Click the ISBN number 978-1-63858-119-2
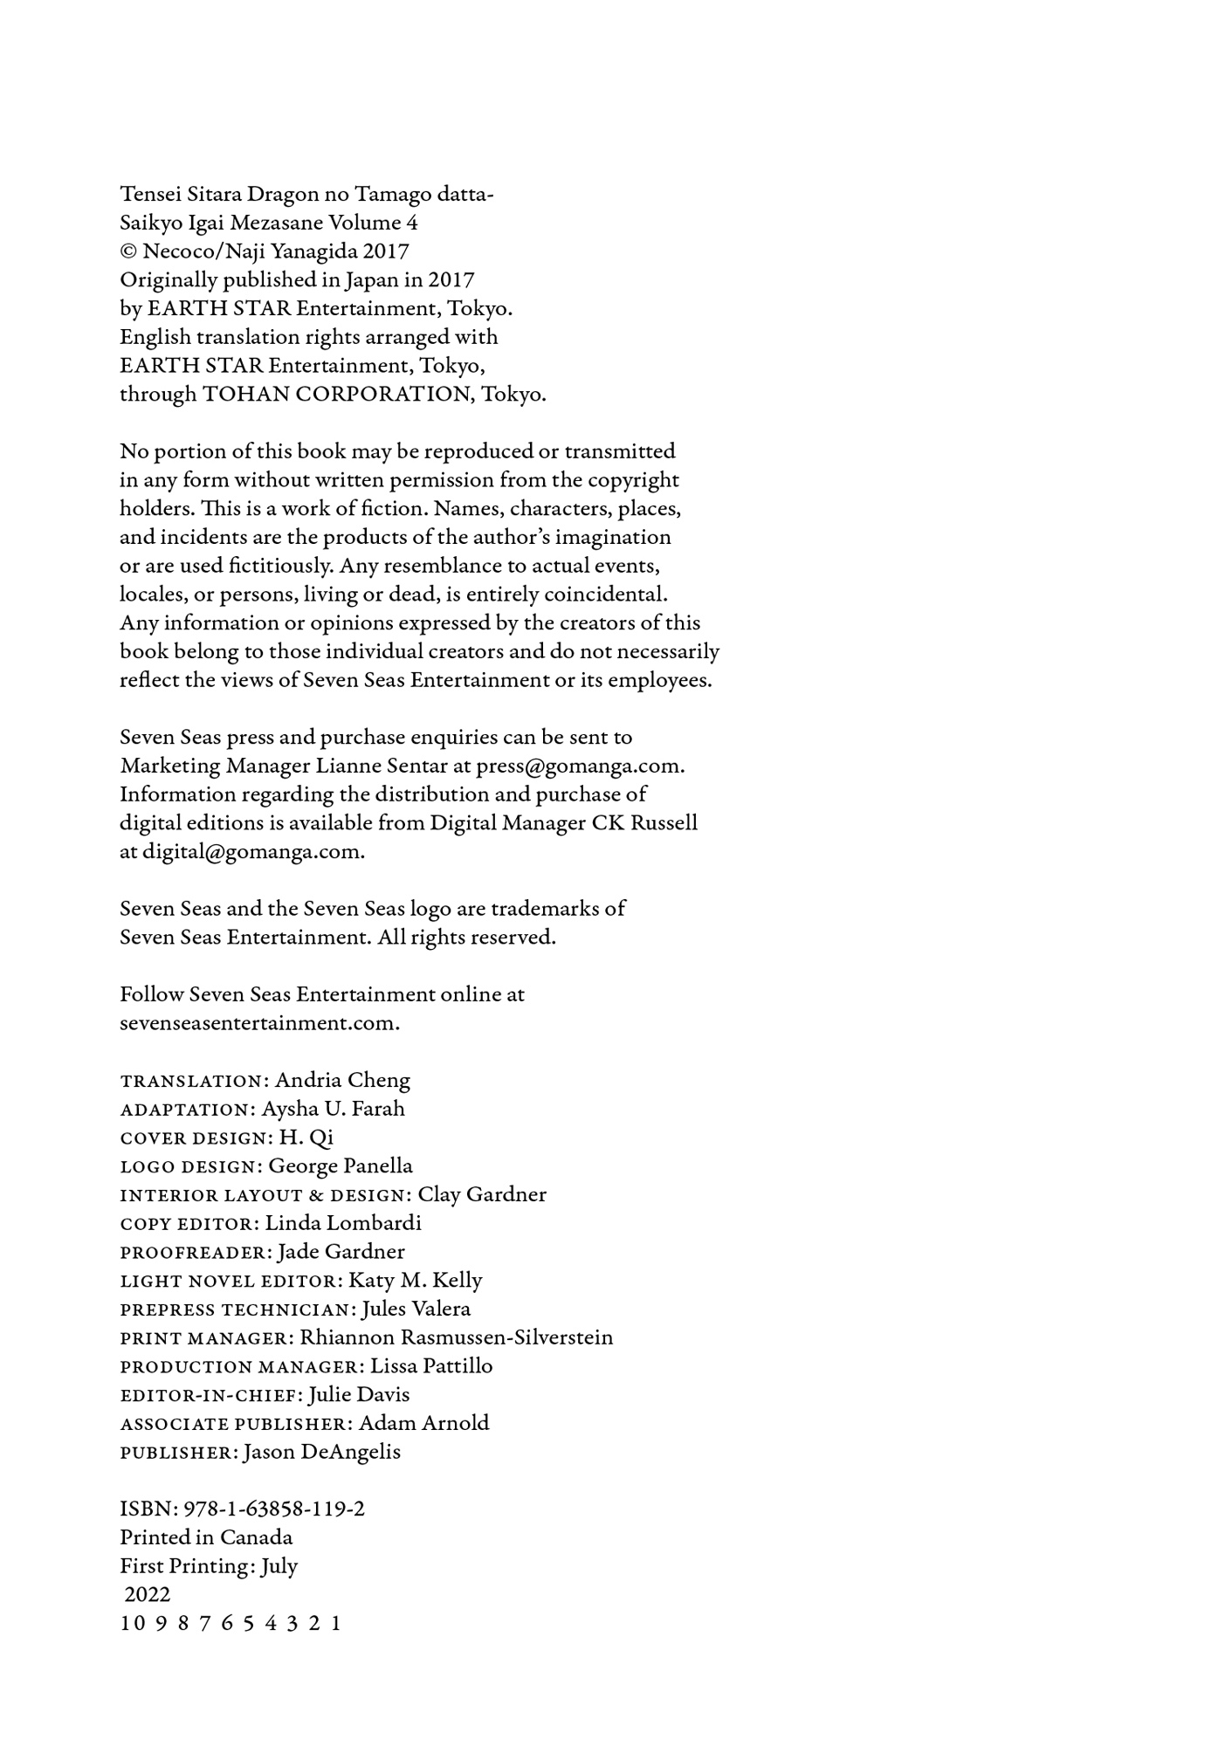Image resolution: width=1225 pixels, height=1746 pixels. tap(275, 1509)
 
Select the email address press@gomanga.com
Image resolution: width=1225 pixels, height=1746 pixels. tap(578, 766)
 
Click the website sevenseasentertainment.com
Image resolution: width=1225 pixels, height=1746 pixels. tap(259, 1022)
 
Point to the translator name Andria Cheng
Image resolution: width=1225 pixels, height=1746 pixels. tap(342, 1080)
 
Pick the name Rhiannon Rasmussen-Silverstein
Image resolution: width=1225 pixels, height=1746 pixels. tap(457, 1337)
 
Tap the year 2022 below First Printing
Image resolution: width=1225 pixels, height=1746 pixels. tap(148, 1594)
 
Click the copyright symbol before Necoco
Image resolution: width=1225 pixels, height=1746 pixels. tap(128, 251)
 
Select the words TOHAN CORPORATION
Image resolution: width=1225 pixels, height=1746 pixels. tap(337, 394)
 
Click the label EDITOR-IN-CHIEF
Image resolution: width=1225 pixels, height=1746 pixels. tap(207, 1395)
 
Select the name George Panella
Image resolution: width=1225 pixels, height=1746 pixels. tap(341, 1165)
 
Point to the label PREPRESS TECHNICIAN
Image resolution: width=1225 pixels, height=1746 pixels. tap(234, 1309)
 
